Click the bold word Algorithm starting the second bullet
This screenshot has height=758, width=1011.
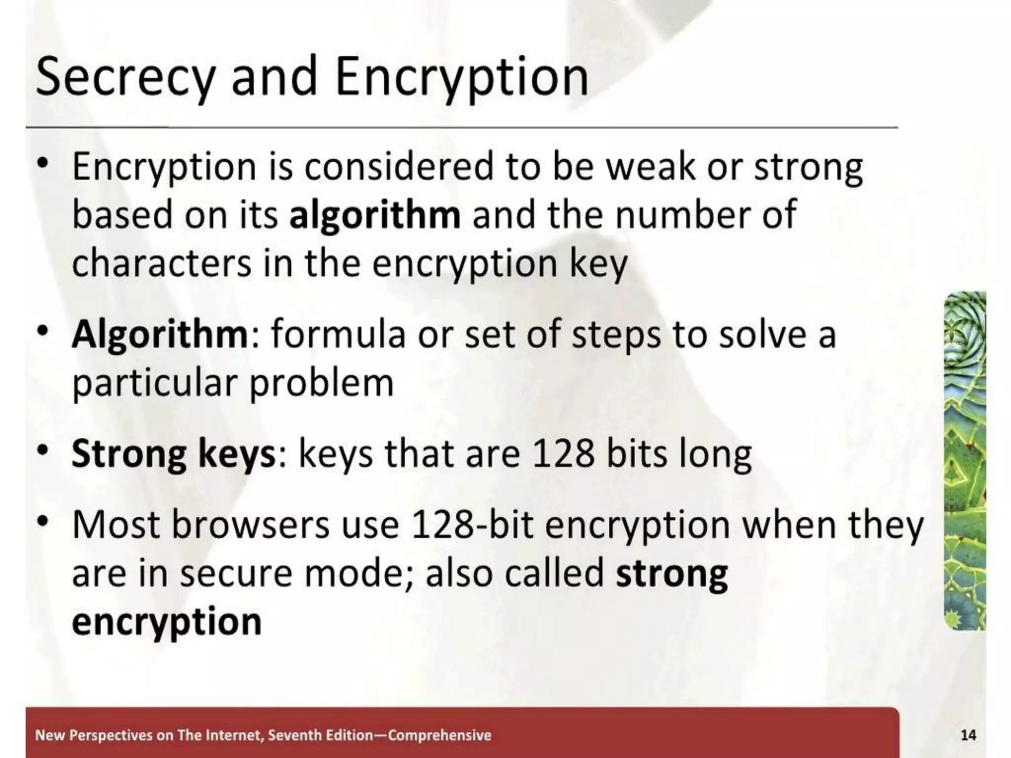coord(159,335)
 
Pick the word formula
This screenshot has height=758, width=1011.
coord(339,335)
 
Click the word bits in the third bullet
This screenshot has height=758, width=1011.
coord(636,454)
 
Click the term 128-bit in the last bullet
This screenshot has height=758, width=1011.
coord(472,525)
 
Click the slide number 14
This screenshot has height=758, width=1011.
coord(968,735)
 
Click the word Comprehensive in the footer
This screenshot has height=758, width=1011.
coord(440,735)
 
